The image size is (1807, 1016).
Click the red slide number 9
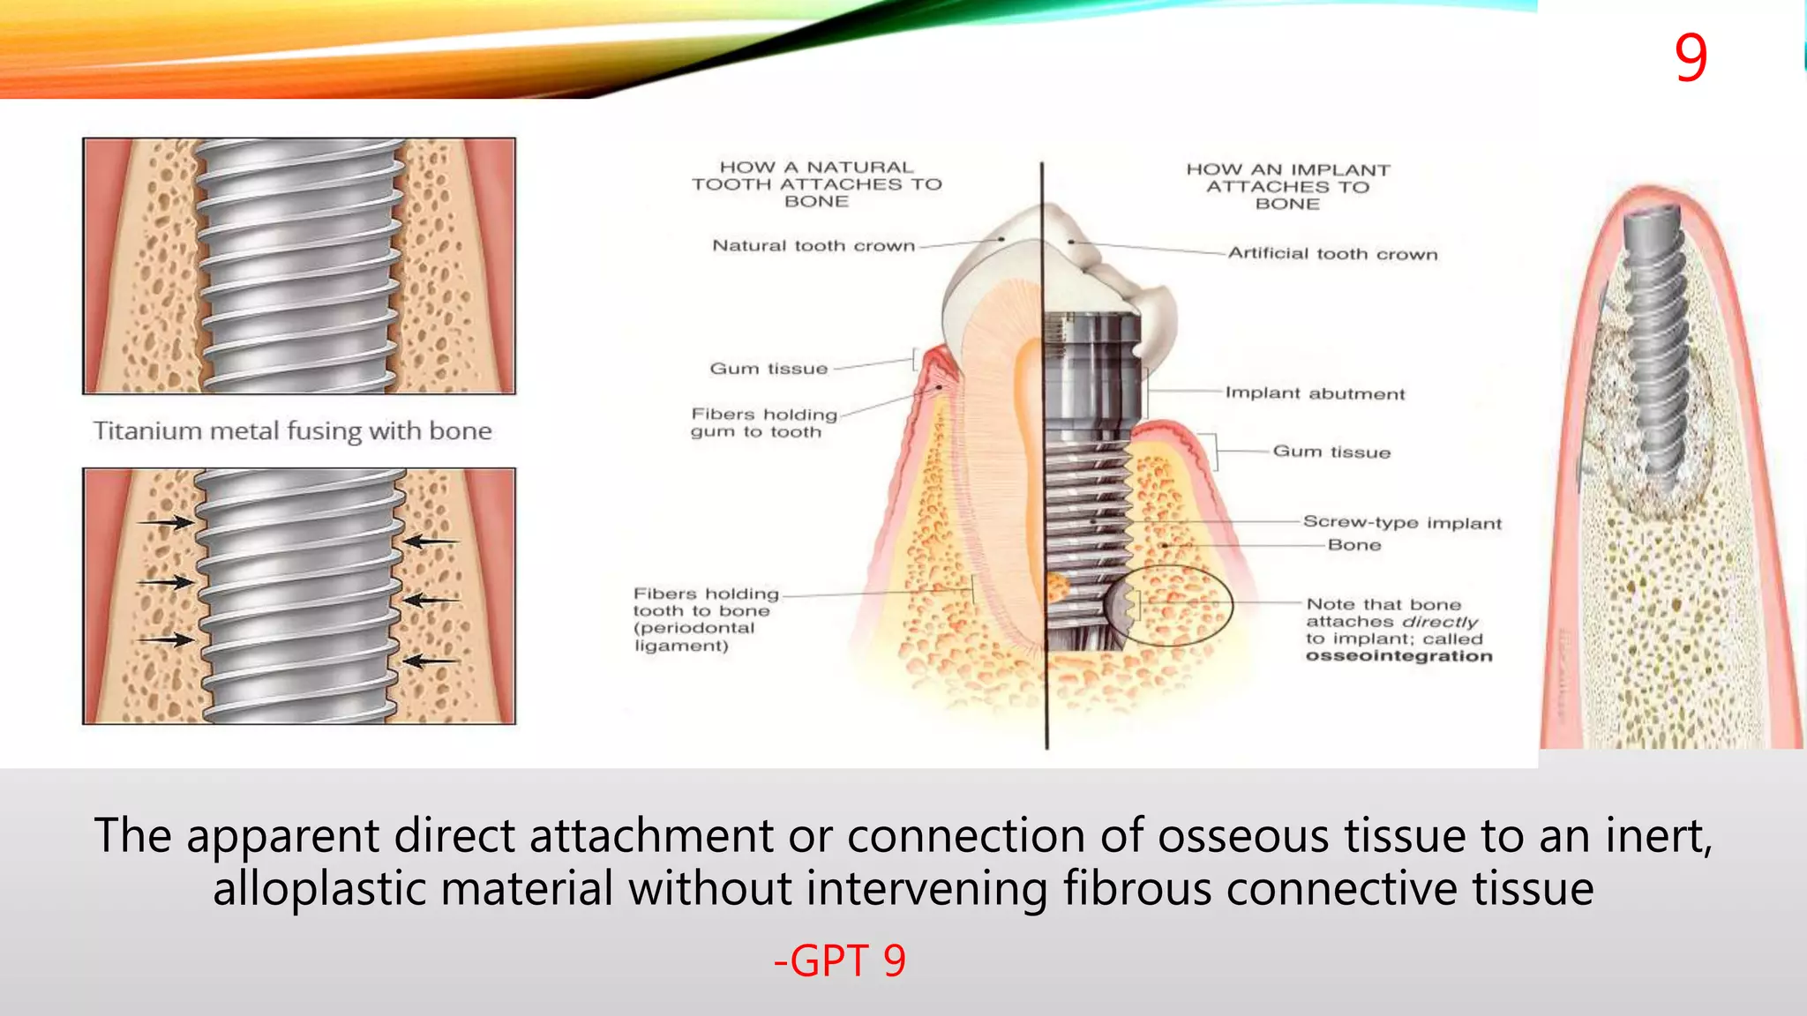coord(1691,58)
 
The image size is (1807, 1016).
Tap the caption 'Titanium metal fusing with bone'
coord(292,430)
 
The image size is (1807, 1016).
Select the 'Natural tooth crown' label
coord(814,246)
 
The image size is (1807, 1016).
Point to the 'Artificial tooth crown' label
coord(1332,254)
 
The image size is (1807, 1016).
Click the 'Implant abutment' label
coord(1315,393)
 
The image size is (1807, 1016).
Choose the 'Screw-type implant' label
coord(1402,522)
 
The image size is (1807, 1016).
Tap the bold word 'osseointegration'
coord(1398,656)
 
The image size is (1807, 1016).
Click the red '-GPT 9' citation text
coord(839,960)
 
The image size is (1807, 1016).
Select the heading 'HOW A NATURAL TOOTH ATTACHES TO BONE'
coord(816,184)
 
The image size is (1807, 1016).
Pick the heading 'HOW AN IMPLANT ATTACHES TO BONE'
coord(1287,187)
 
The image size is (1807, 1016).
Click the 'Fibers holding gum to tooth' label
coord(763,422)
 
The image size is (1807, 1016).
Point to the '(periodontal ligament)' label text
coord(694,637)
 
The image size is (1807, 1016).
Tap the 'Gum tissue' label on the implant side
coord(1331,452)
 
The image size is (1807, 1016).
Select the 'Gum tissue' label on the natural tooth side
coord(769,369)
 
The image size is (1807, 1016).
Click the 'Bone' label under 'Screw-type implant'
coord(1354,545)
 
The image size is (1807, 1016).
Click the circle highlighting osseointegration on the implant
coord(1168,605)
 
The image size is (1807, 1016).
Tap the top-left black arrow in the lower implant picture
coord(168,523)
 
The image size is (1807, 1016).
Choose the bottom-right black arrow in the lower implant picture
coord(431,660)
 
